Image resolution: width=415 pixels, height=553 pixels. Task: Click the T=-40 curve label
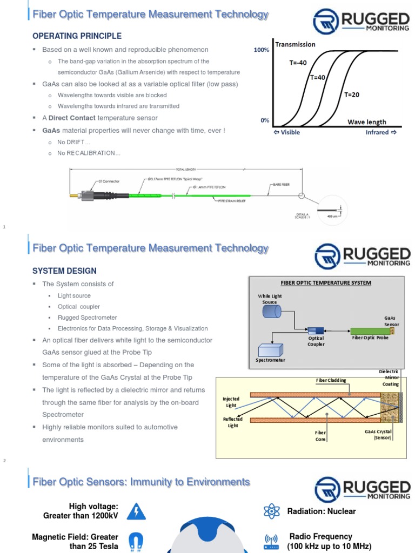tap(298, 63)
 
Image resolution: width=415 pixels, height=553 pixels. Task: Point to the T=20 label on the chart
tap(352, 95)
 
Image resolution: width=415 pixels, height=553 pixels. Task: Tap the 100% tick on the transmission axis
tap(261, 50)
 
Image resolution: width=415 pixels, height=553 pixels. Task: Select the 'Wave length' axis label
tap(366, 122)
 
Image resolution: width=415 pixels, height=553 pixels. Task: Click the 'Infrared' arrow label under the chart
tap(381, 132)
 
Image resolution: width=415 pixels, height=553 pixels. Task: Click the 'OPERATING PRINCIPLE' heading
tap(77, 36)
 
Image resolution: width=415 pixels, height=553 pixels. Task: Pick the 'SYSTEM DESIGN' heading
tap(64, 271)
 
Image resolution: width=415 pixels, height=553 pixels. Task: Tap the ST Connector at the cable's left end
tap(86, 195)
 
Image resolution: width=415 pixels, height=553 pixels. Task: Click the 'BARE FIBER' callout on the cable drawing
tap(280, 184)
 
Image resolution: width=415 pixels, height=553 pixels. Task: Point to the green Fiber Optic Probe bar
tap(370, 331)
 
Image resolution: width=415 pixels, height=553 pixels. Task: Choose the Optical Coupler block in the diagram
tap(316, 330)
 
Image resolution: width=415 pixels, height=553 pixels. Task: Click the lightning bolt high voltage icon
tap(136, 511)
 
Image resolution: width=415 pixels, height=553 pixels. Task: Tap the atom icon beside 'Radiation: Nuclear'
tap(270, 511)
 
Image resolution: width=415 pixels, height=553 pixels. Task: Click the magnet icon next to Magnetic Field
tap(136, 542)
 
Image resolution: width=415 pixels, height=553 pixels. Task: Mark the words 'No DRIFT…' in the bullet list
tap(73, 141)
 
